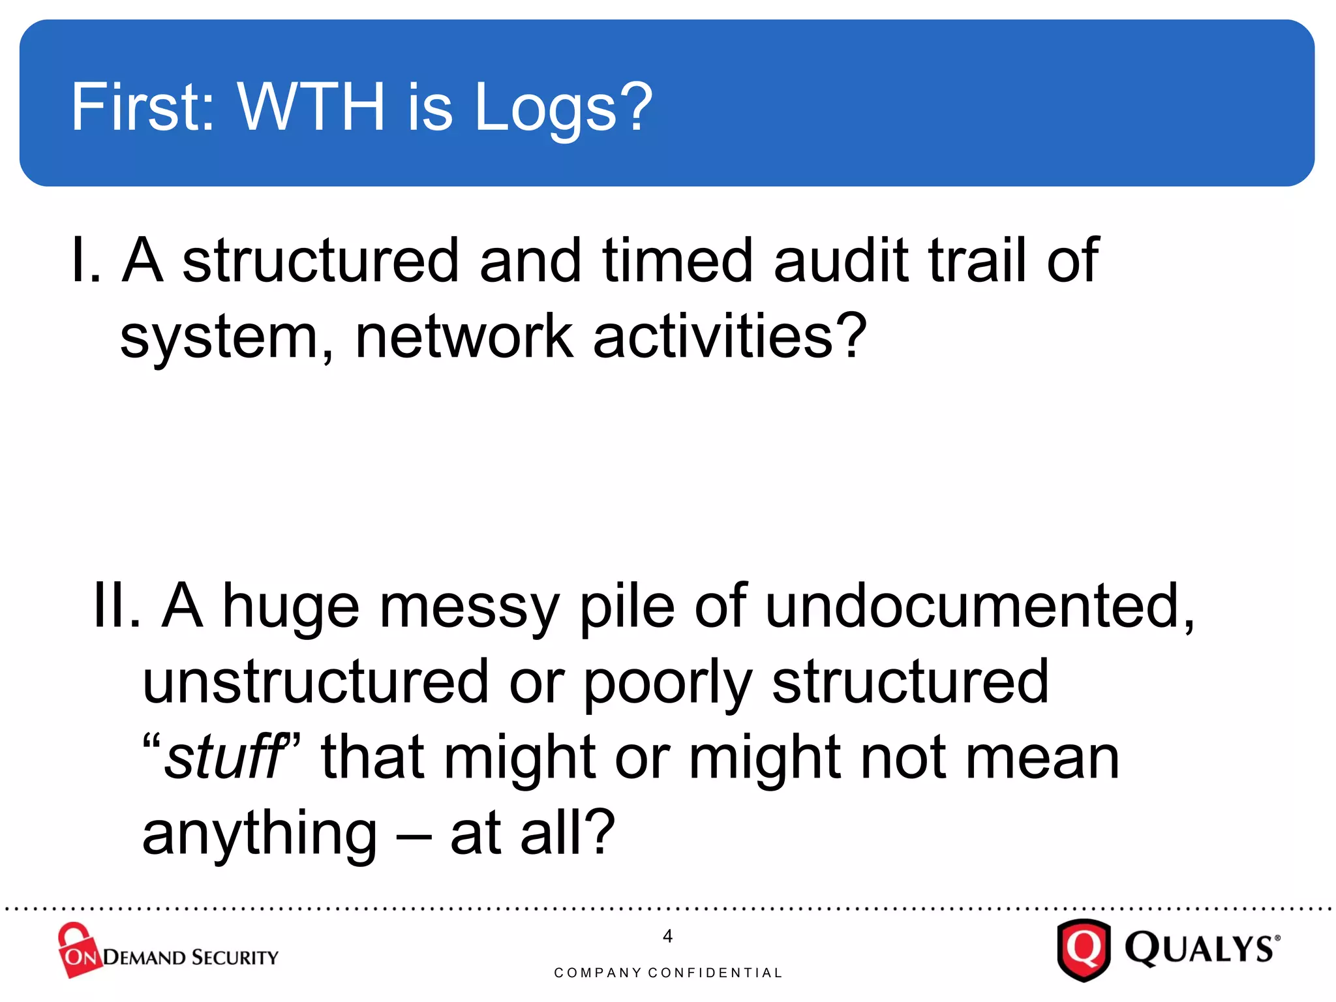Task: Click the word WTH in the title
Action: coord(311,107)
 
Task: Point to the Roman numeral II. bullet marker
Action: coord(117,606)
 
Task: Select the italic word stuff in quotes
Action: coord(222,757)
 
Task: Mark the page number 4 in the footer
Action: coord(667,936)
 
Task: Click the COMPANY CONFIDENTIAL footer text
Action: coord(667,973)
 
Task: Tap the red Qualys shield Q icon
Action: coord(1084,949)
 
